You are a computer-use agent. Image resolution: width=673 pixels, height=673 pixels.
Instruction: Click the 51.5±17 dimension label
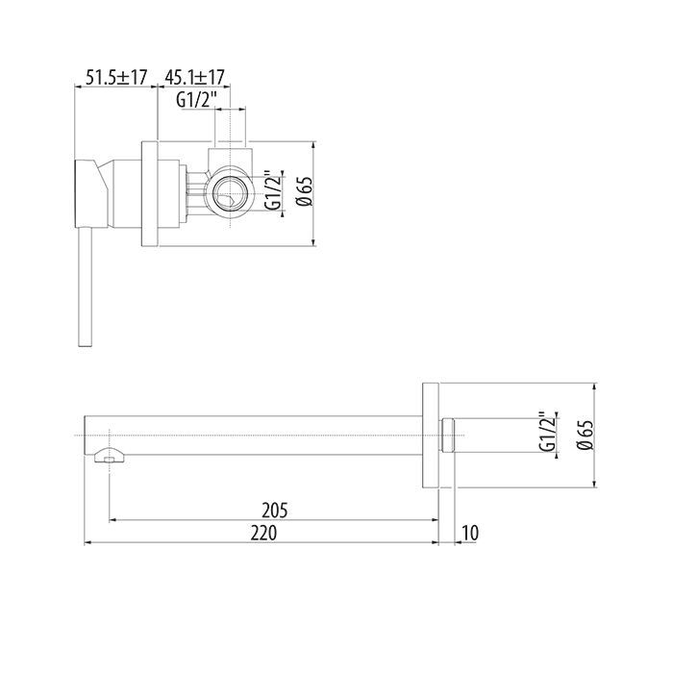coord(116,78)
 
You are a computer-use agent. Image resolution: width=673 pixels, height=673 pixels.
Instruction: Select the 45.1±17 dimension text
coord(195,78)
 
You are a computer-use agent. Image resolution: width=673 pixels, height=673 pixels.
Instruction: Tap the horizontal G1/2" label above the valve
coord(196,100)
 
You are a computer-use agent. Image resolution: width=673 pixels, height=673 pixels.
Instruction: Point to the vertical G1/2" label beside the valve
coord(273,190)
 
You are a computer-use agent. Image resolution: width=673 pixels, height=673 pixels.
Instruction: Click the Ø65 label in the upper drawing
coord(306,191)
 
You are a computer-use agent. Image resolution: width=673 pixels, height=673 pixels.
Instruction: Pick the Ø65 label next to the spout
coord(586,435)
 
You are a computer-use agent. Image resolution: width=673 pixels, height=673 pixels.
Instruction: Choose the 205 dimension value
coord(275,511)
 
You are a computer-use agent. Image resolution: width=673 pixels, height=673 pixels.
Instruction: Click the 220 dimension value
coord(264,533)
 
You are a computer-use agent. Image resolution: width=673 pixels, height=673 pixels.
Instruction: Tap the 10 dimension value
coord(470,533)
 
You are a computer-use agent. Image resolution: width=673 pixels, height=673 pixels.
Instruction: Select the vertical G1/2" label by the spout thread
coord(548,433)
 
